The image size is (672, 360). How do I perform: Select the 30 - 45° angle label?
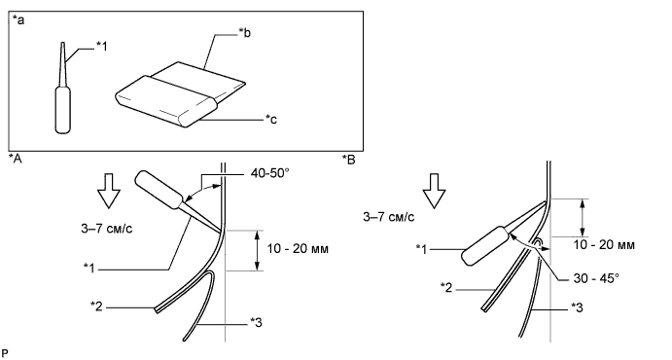(x=596, y=278)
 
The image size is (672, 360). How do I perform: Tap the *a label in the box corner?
(x=18, y=20)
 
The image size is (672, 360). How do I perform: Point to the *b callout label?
(x=244, y=32)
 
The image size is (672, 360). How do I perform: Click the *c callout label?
(x=271, y=119)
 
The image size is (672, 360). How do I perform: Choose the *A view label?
(x=16, y=159)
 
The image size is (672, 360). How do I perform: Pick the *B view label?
(x=349, y=160)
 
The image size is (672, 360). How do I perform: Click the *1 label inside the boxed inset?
(x=101, y=47)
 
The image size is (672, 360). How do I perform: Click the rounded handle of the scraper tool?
(x=166, y=101)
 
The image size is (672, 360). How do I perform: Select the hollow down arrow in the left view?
(x=108, y=191)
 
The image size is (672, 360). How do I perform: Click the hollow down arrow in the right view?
(x=434, y=191)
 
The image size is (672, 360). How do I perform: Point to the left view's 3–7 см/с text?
(x=107, y=229)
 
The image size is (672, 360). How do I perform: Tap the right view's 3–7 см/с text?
(x=389, y=217)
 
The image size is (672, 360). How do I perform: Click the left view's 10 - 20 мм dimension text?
(x=298, y=248)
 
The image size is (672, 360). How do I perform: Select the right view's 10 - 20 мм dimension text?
(x=604, y=245)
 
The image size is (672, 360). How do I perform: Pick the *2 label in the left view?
(x=97, y=306)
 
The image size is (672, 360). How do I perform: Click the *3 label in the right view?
(x=577, y=307)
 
